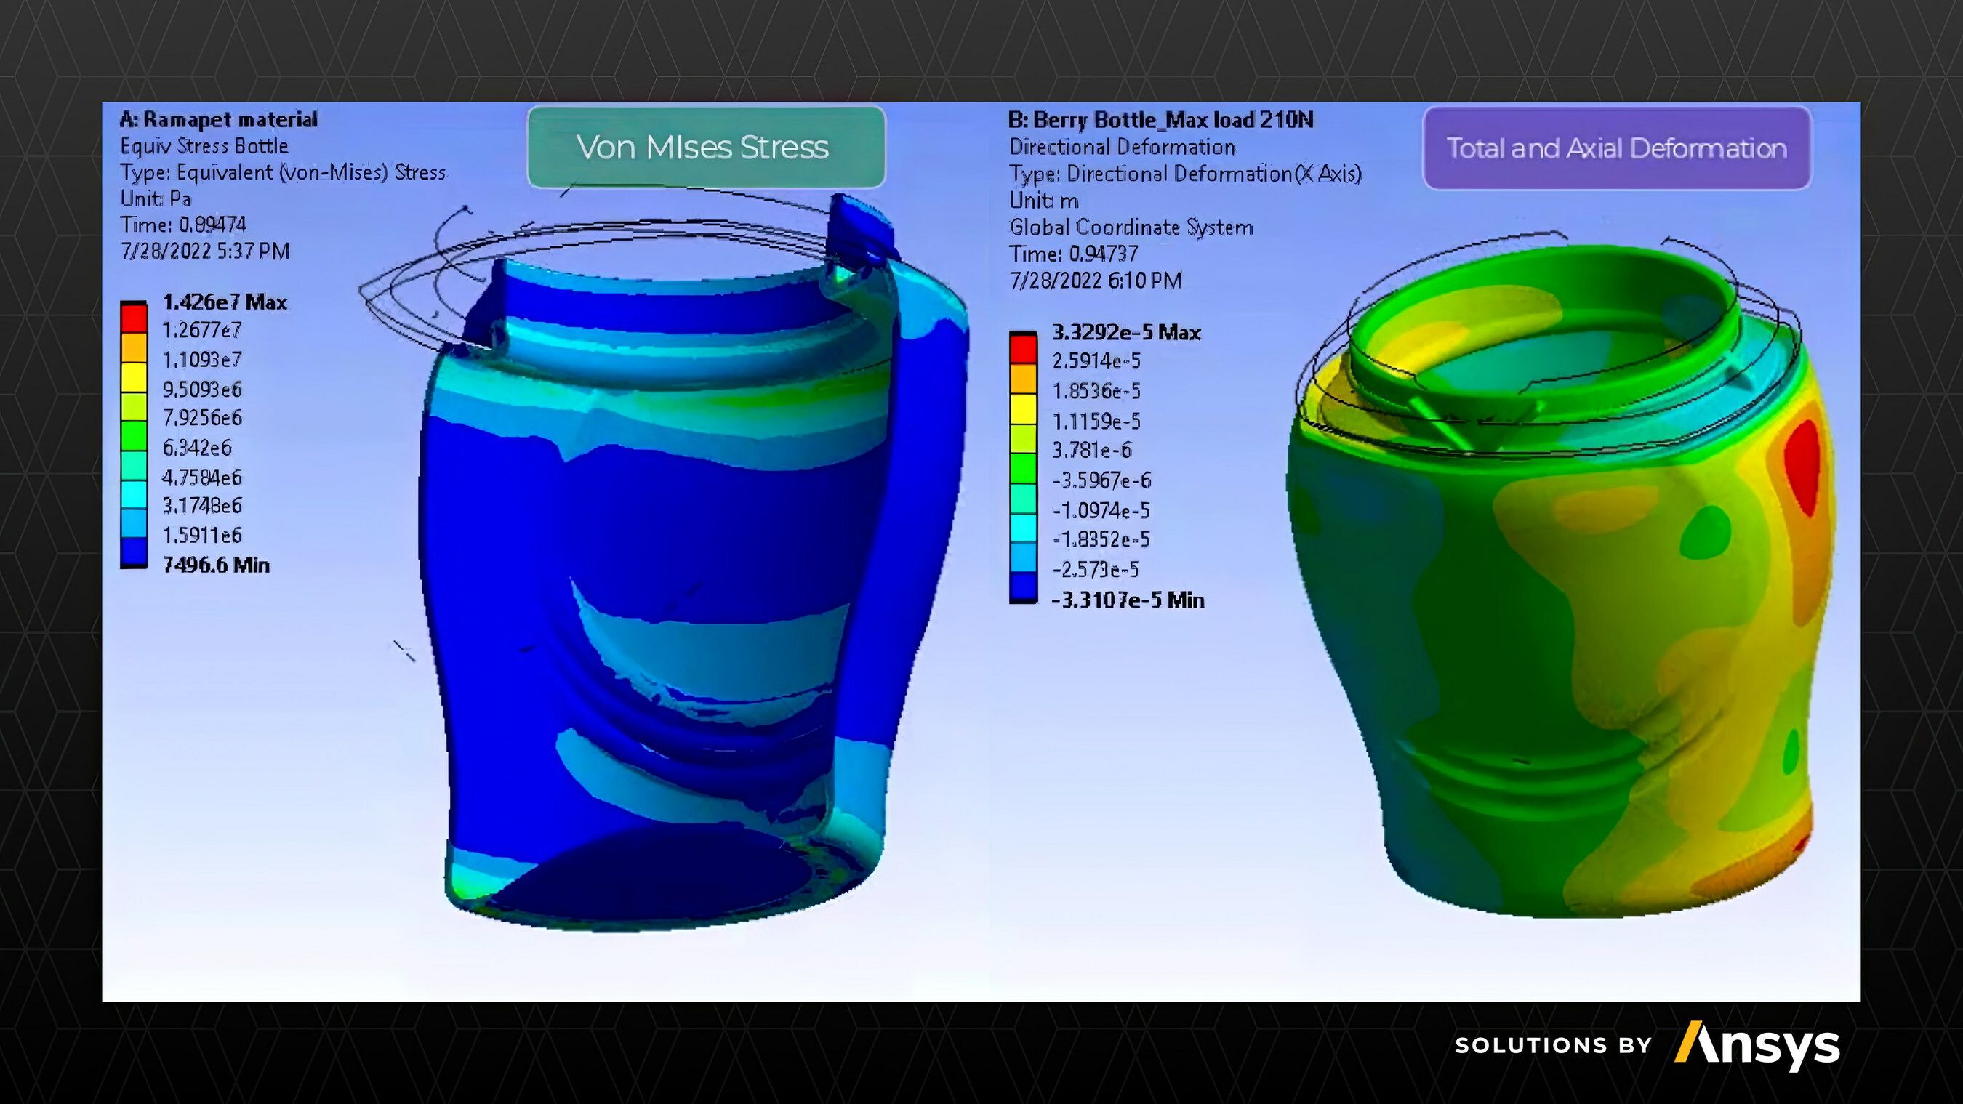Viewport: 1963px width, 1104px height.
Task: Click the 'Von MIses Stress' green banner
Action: [706, 147]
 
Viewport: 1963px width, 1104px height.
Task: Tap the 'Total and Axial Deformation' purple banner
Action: [1616, 148]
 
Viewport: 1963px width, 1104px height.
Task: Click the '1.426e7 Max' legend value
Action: [224, 302]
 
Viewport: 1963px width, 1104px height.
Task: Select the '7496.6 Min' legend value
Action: [216, 565]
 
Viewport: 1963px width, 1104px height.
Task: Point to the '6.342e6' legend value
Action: [196, 448]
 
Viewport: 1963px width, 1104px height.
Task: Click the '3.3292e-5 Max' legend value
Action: [1125, 333]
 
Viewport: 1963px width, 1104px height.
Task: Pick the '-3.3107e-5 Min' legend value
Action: [1127, 600]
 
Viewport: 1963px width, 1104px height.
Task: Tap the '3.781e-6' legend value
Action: [1091, 451]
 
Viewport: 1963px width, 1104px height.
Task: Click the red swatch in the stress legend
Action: [133, 317]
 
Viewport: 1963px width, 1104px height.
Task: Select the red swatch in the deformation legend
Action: [1023, 348]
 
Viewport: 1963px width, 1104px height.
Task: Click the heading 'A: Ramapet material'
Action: [219, 120]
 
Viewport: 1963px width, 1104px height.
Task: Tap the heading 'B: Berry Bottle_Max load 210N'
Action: [1160, 121]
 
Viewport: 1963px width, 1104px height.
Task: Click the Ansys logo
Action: [1757, 1045]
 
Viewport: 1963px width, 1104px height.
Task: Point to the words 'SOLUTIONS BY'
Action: [1552, 1045]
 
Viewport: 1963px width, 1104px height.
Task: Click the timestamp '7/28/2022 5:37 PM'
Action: [205, 251]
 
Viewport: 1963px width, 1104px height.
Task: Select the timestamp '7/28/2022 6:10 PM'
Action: [1095, 281]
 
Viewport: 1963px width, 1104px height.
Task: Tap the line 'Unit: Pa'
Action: [156, 199]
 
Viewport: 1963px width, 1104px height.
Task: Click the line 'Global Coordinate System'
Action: [1131, 227]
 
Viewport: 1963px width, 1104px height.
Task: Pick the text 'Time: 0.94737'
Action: [1073, 254]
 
